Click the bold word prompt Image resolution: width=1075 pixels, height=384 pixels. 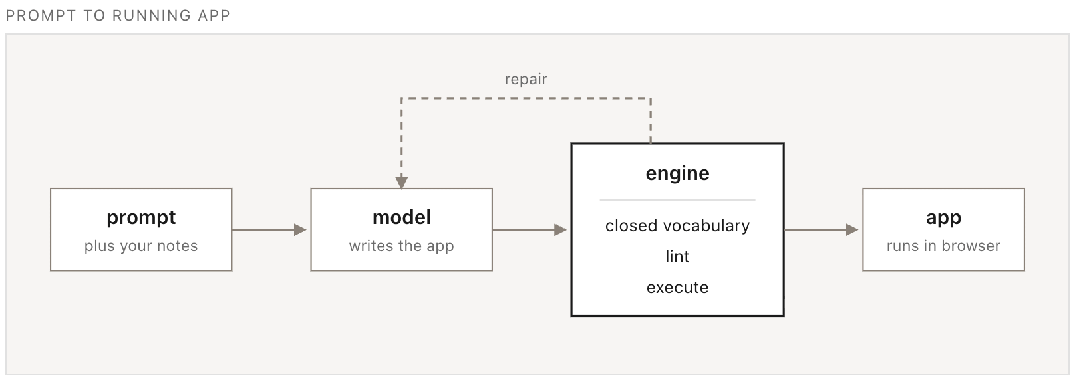[x=141, y=218]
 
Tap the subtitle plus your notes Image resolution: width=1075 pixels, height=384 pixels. [x=141, y=246]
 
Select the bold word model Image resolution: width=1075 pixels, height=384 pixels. [x=402, y=217]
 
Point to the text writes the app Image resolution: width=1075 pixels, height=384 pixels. [x=402, y=246]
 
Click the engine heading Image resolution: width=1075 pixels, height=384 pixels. [x=678, y=173]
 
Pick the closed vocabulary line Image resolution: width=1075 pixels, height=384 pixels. [x=678, y=225]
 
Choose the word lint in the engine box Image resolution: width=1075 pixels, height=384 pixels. [x=678, y=256]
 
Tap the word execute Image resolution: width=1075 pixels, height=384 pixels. [x=678, y=287]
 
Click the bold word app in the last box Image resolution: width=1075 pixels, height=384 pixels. [x=943, y=218]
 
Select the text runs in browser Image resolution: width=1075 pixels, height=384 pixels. [x=943, y=246]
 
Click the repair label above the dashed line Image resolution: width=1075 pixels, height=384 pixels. [x=526, y=80]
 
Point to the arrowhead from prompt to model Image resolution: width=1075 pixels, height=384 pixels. [x=301, y=230]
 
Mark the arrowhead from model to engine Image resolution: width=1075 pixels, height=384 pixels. [x=561, y=230]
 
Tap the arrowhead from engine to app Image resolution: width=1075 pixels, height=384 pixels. [x=852, y=230]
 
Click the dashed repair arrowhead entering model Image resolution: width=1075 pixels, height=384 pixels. [x=402, y=183]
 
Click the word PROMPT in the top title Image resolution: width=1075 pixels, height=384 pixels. [x=41, y=15]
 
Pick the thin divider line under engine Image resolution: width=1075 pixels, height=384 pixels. [x=678, y=200]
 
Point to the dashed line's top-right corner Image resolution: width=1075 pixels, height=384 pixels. [x=651, y=98]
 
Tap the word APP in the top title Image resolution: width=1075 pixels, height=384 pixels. [x=214, y=15]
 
